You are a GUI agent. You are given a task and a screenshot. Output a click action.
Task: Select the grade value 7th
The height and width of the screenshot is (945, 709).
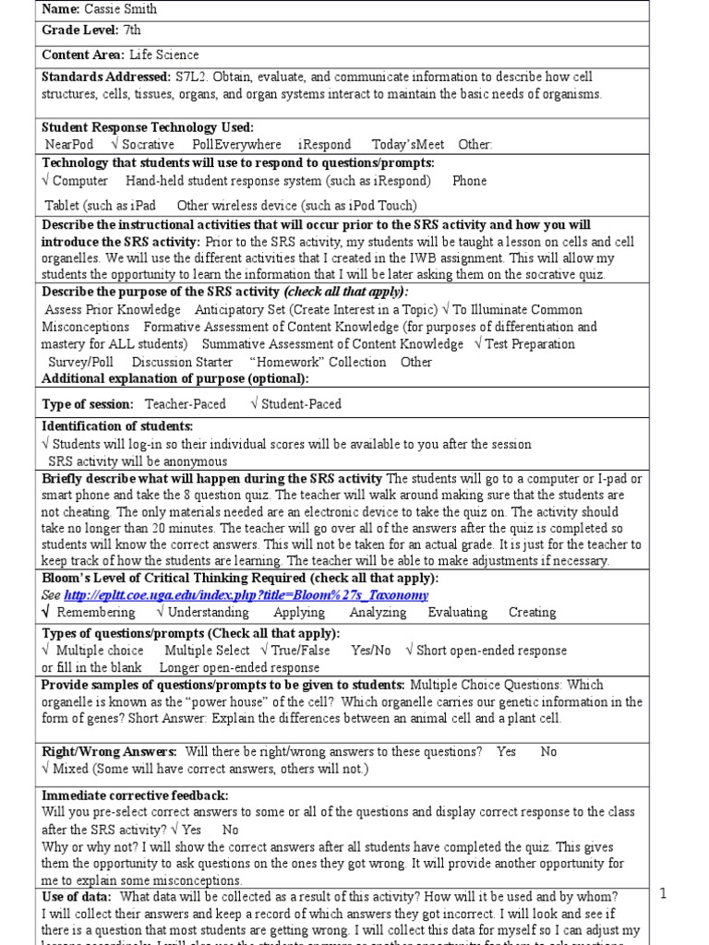tap(133, 30)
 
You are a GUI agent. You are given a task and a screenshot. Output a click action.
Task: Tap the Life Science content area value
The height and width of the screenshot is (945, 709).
tap(163, 54)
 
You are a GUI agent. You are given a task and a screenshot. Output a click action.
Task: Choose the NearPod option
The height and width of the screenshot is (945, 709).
tap(69, 144)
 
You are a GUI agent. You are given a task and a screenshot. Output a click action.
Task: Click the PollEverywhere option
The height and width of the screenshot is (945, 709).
tap(237, 144)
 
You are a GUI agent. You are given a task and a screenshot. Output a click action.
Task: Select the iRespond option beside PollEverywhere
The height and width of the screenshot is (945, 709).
tap(324, 144)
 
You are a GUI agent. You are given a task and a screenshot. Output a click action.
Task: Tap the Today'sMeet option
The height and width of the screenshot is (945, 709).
tap(407, 144)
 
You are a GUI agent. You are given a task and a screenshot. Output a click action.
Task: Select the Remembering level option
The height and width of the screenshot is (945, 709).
tap(96, 613)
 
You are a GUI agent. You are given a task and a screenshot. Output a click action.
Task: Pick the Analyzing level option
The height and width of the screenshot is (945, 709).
tap(377, 613)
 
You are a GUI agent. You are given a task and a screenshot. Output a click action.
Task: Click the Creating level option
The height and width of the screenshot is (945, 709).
tap(532, 613)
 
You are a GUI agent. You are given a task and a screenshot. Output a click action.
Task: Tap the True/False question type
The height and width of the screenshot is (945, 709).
tap(301, 651)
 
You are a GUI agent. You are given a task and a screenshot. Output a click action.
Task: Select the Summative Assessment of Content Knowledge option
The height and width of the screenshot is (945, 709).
tap(332, 344)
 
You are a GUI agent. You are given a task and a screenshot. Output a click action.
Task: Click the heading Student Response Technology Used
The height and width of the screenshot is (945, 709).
tap(147, 127)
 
